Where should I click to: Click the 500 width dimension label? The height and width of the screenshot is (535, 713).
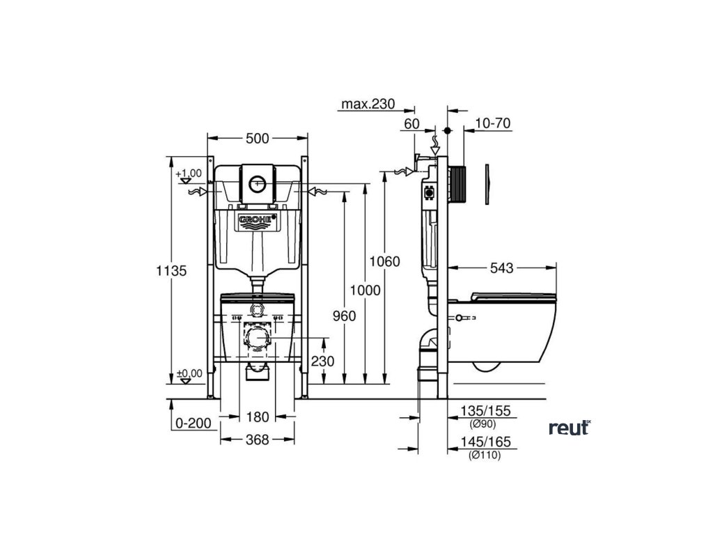(x=257, y=139)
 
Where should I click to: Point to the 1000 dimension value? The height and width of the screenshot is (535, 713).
(x=365, y=290)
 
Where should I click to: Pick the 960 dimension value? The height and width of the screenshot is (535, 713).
(x=344, y=316)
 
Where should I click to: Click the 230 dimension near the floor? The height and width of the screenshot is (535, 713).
(x=322, y=361)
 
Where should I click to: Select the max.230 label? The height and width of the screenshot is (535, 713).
(x=367, y=104)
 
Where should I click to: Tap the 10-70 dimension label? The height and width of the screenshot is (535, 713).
(x=493, y=123)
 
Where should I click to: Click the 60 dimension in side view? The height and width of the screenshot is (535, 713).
(x=411, y=123)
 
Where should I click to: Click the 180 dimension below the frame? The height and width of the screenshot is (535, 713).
(x=257, y=417)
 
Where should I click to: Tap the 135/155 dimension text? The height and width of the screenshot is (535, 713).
(x=487, y=412)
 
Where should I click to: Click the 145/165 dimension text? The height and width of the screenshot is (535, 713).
(x=487, y=442)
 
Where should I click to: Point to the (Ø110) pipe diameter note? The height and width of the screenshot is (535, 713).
(x=485, y=456)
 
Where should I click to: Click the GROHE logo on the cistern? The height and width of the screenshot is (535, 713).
(x=258, y=221)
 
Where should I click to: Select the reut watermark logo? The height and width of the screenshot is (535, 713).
(x=569, y=428)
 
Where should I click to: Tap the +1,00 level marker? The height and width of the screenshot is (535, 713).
(x=188, y=173)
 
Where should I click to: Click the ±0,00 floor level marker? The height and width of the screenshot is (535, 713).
(x=188, y=374)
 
